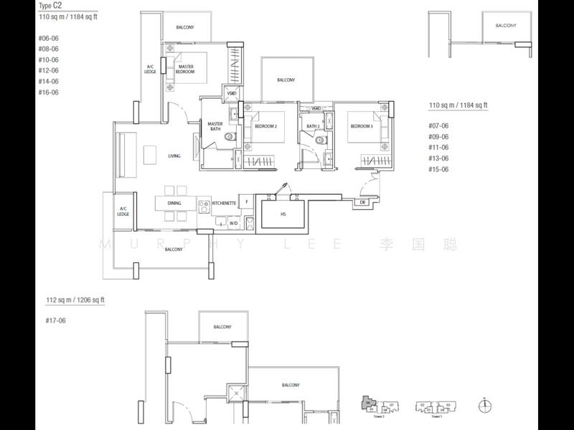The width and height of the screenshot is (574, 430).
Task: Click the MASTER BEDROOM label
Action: tap(185, 69)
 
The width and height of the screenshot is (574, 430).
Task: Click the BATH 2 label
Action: tap(312, 127)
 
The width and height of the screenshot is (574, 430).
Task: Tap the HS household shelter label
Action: tap(283, 214)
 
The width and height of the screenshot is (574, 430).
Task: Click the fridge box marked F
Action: tap(246, 203)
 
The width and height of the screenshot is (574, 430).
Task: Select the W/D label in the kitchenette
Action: tap(233, 223)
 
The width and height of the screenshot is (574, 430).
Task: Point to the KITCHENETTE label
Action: tap(224, 204)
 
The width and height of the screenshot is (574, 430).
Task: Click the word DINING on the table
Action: tap(174, 204)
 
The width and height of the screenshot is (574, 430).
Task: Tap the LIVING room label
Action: tap(174, 156)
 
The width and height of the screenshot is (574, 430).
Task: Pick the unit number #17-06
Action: tap(49, 321)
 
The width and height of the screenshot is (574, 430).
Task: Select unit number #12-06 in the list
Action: tap(49, 71)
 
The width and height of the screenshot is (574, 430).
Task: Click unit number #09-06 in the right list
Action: tap(438, 136)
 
